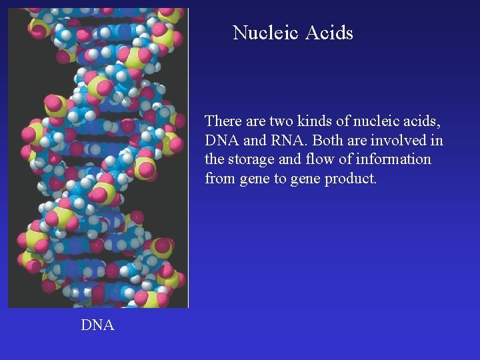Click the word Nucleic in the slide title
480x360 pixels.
coord(263,33)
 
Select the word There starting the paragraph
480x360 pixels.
coord(223,121)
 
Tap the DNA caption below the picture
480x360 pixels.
coord(97,325)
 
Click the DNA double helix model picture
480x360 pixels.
coord(98,157)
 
